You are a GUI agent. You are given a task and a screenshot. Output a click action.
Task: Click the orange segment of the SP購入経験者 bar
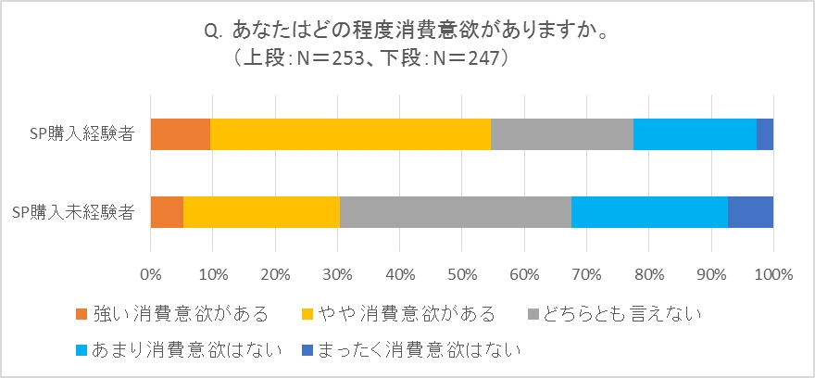pos(181,134)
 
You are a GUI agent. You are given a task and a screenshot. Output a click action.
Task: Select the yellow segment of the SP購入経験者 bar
pos(350,134)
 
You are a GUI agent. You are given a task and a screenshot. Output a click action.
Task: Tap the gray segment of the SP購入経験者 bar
pos(562,134)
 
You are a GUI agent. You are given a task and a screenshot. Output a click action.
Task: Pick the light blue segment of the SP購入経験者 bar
pos(695,134)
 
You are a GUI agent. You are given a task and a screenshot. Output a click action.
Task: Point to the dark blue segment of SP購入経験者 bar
pos(765,134)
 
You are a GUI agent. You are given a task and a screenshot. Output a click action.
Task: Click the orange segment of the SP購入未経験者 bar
pos(167,212)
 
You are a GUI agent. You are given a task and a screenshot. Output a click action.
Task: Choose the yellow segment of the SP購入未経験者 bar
pos(261,212)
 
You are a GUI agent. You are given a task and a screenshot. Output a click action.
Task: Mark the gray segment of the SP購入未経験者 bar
pos(456,212)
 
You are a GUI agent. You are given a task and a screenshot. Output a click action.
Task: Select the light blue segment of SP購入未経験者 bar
pos(649,212)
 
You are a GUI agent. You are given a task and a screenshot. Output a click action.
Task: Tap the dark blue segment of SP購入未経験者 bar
pos(750,212)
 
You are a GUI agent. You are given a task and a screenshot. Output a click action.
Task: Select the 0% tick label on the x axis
pos(150,274)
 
